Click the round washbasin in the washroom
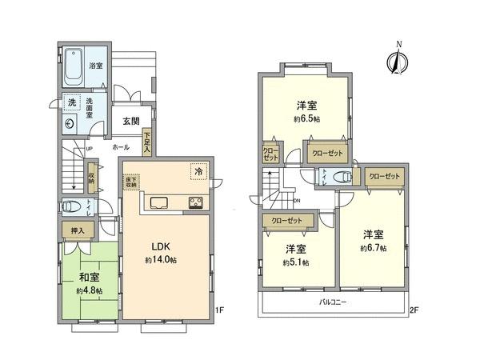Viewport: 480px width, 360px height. click(x=70, y=124)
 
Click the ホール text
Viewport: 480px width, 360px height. click(x=122, y=147)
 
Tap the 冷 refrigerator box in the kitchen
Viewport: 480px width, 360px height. click(x=197, y=170)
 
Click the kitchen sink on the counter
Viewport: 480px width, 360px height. click(x=156, y=201)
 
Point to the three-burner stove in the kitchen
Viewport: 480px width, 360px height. click(x=195, y=202)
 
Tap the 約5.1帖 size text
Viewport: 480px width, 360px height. click(x=296, y=262)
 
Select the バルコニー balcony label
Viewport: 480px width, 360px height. click(x=333, y=302)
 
